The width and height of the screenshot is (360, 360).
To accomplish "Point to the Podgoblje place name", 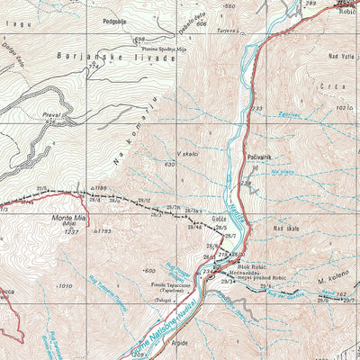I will pyautogui.click(x=119, y=18).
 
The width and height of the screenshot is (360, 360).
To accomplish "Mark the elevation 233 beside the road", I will pyautogui.click(x=256, y=109).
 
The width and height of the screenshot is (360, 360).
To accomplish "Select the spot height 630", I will pyautogui.click(x=168, y=165).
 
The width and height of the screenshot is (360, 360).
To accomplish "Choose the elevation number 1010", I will pyautogui.click(x=62, y=286).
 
